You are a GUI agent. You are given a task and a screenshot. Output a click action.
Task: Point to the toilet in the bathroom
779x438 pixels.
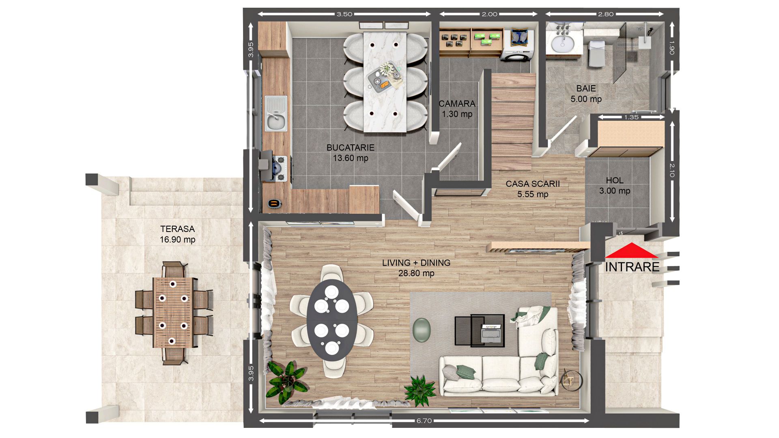(x=596, y=53)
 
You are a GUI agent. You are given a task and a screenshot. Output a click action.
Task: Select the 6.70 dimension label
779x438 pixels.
(x=424, y=421)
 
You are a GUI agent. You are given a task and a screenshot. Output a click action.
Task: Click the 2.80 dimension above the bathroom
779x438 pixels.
(x=605, y=14)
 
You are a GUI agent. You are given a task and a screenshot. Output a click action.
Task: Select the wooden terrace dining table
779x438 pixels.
(x=173, y=312)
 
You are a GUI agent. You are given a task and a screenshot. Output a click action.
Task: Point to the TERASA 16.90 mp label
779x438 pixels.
(x=177, y=234)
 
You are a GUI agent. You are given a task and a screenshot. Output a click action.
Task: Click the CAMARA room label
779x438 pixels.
(x=457, y=109)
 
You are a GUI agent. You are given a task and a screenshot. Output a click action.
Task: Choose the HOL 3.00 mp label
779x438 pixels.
(x=615, y=185)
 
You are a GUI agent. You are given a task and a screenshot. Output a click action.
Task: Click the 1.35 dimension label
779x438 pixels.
(x=631, y=117)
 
